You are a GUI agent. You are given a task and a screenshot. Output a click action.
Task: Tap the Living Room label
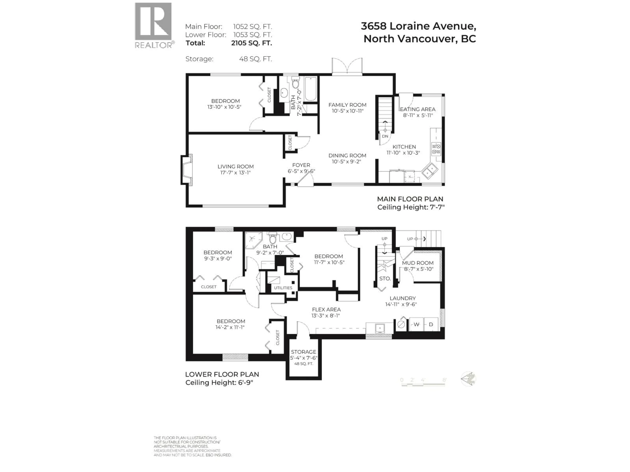(236, 167)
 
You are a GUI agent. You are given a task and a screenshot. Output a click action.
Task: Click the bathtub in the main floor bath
(310, 89)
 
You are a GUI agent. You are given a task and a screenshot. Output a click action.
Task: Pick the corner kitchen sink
(430, 171)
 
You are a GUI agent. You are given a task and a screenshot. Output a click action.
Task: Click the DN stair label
(385, 136)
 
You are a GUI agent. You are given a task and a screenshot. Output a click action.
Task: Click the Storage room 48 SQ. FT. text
(304, 364)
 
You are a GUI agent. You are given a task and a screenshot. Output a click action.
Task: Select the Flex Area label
(326, 310)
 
